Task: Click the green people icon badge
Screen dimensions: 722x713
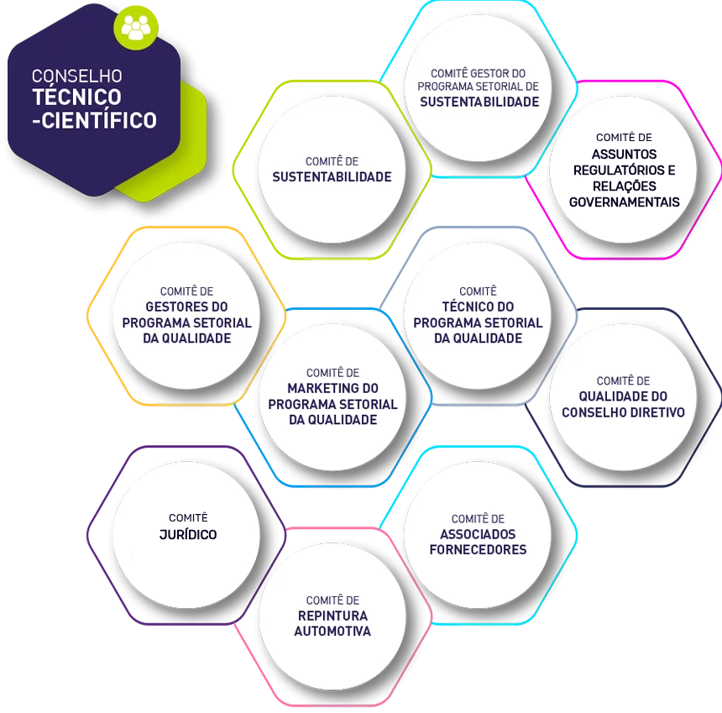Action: pos(136,27)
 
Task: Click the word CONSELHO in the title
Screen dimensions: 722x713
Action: pos(77,76)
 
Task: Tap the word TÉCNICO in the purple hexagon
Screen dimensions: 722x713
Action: pos(77,97)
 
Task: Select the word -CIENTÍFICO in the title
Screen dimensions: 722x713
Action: pos(94,120)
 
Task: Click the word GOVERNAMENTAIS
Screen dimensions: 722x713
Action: pos(625,202)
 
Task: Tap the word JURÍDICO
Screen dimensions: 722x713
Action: pos(188,535)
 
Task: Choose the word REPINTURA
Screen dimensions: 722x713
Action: pos(332,616)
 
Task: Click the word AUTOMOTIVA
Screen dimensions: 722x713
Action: pos(332,631)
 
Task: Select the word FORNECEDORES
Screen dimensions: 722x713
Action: pos(478,549)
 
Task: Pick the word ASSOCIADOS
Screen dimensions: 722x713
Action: pos(478,534)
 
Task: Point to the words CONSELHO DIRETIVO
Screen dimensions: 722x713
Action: pos(624,412)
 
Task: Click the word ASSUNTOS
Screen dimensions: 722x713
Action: pos(625,155)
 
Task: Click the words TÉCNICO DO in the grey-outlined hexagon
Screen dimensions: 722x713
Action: pos(478,307)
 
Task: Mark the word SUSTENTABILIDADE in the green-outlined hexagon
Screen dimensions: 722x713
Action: pos(332,177)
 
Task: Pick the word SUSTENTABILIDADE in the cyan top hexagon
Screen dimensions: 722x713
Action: pos(479,102)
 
